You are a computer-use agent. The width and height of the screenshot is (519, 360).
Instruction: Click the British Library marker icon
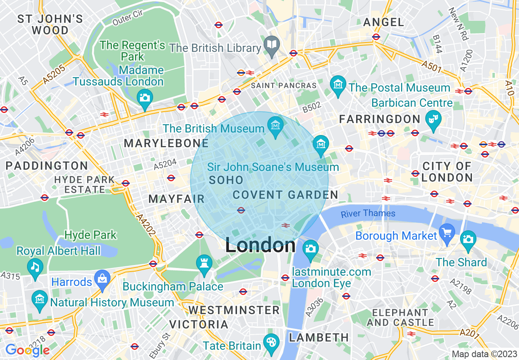pyautogui.click(x=271, y=44)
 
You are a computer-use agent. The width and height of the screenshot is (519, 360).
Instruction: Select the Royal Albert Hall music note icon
pyautogui.click(x=35, y=267)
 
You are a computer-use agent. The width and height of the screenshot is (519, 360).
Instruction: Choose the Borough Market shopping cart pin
pyautogui.click(x=447, y=232)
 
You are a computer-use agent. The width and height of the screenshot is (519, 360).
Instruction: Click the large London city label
pyautogui.click(x=260, y=245)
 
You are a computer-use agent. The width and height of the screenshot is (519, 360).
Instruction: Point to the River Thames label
pyautogui.click(x=368, y=213)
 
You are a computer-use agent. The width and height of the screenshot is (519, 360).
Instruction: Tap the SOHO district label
pyautogui.click(x=226, y=180)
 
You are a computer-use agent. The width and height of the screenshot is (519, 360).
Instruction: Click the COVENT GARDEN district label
pyautogui.click(x=285, y=195)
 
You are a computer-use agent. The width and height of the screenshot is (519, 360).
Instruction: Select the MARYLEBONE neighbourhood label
pyautogui.click(x=166, y=143)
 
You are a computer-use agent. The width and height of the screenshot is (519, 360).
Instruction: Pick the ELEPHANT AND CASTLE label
pyautogui.click(x=400, y=317)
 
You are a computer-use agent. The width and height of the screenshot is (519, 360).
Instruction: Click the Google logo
pyautogui.click(x=27, y=350)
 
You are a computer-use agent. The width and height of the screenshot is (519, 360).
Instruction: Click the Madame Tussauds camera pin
pyautogui.click(x=144, y=97)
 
